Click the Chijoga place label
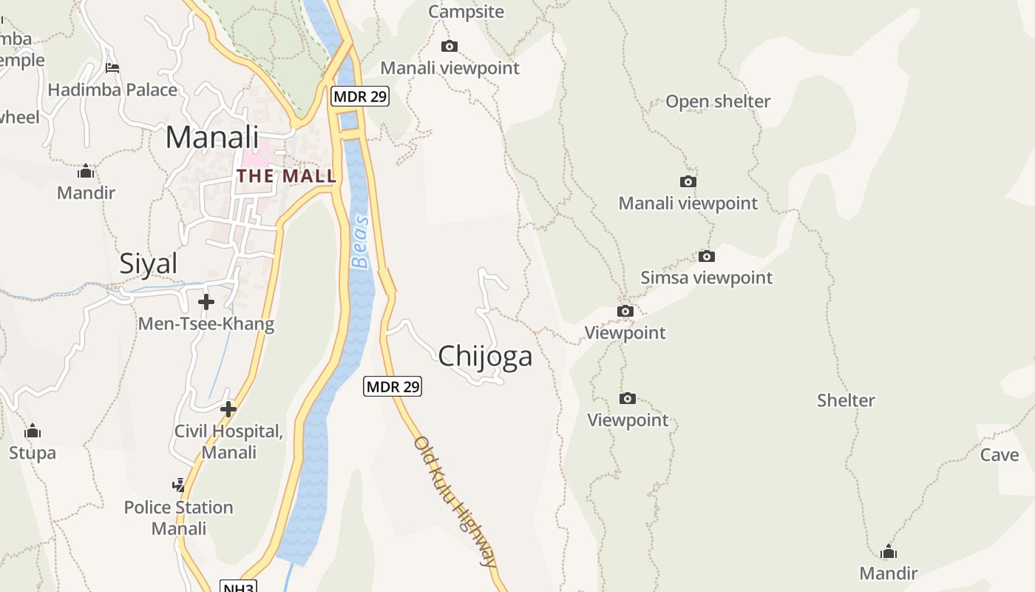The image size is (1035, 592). [x=485, y=357]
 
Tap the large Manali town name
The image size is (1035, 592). [x=212, y=138]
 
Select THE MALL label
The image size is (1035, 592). [x=287, y=176]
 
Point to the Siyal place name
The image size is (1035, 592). [x=149, y=263]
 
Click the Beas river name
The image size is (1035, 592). [x=360, y=242]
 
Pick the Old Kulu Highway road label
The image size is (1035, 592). [x=455, y=501]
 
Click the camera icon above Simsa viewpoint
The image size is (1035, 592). [x=707, y=257]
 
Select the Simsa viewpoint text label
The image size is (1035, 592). [x=706, y=277]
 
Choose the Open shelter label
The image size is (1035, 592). [x=718, y=101]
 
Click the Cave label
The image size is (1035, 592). [x=1000, y=454]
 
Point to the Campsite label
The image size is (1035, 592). [x=466, y=12]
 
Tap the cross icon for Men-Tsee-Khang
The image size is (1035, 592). [x=206, y=302]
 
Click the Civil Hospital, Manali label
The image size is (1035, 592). [x=228, y=442]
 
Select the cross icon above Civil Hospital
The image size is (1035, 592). [x=228, y=408]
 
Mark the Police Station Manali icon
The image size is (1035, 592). [x=178, y=485]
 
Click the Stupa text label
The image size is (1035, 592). [x=33, y=452]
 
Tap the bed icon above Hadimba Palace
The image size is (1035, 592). [x=112, y=68]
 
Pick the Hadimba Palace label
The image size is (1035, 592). [x=112, y=90]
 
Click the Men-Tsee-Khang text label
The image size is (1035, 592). [x=206, y=323]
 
